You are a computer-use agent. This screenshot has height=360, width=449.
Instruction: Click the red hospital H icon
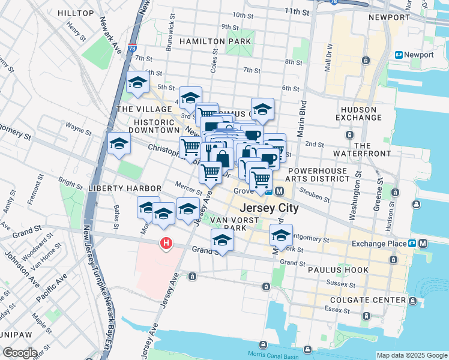pyautogui.click(x=165, y=244)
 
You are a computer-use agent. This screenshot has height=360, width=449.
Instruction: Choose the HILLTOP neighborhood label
pyautogui.click(x=76, y=13)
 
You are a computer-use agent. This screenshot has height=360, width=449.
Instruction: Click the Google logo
pyautogui.click(x=20, y=353)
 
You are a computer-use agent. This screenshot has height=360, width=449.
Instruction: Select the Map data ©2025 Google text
pyautogui.click(x=411, y=355)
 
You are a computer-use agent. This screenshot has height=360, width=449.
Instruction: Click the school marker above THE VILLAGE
pyautogui.click(x=137, y=83)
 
